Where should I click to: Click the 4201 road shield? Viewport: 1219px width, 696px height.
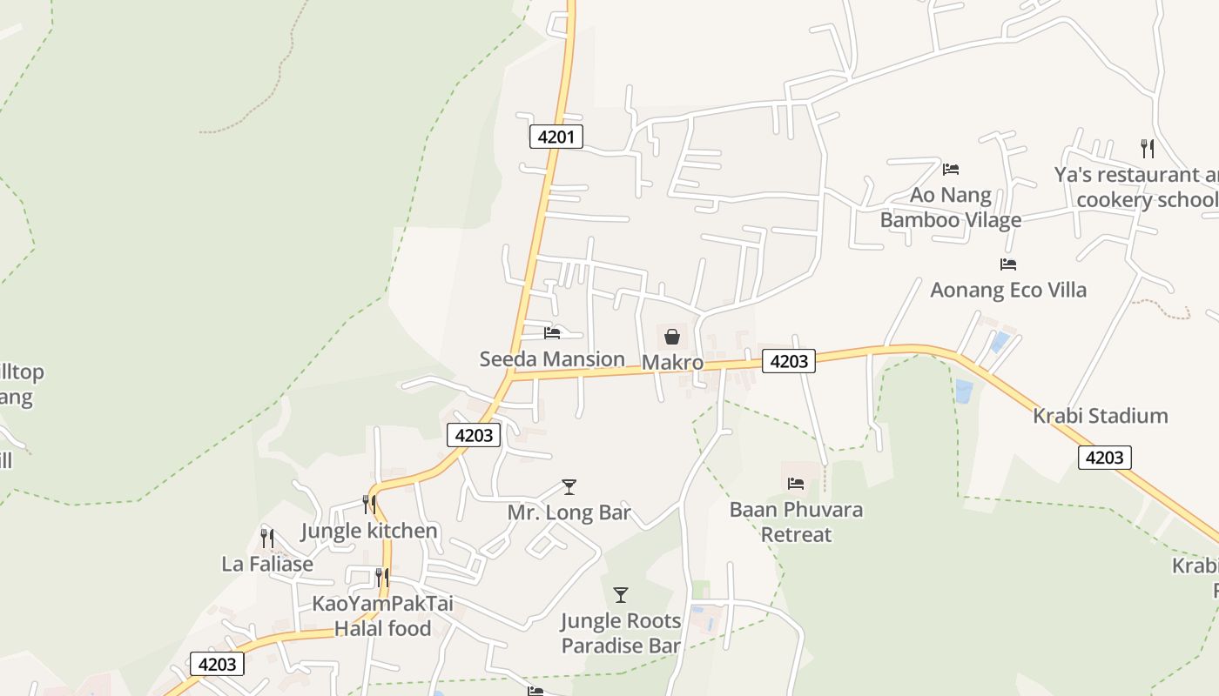556,137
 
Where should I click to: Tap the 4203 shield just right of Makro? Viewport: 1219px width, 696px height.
788,361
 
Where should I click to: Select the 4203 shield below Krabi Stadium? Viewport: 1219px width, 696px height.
1104,457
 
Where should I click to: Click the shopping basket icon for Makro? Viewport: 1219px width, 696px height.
672,336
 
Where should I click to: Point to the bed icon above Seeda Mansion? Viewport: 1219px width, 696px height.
552,332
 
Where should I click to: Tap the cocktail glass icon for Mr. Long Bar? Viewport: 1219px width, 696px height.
569,486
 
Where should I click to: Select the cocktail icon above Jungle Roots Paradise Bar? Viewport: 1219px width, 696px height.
620,595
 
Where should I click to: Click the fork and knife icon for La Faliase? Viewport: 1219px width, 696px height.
267,538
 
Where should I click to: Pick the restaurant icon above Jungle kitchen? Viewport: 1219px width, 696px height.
369,505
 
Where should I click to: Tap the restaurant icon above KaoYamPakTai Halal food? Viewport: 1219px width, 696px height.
382,577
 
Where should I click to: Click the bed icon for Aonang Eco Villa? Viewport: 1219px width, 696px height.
1008,264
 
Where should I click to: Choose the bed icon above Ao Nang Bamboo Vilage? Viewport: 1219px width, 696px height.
951,169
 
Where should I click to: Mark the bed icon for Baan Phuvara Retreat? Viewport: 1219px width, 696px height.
796,483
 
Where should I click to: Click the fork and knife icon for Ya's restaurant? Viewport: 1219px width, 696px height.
1148,149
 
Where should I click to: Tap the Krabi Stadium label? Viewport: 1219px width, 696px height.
1100,416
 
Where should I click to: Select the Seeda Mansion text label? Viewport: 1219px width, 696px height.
552,358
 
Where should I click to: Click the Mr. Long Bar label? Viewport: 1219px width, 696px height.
569,512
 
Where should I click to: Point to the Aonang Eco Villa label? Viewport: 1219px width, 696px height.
1008,290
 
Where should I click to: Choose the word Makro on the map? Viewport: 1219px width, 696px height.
672,362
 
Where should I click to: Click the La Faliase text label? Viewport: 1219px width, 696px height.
267,564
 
